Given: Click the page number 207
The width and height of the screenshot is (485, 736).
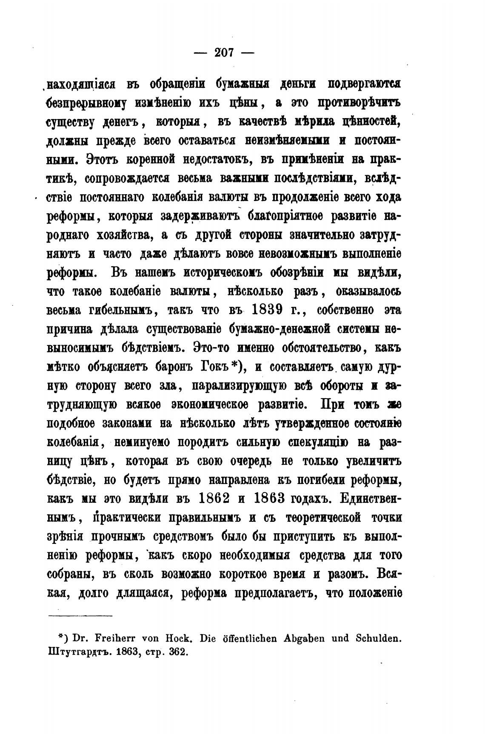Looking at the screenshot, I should coord(224,53).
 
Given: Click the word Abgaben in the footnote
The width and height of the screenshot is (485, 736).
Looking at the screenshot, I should coord(283,638).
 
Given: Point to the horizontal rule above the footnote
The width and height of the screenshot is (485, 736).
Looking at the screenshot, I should coord(80,615).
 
